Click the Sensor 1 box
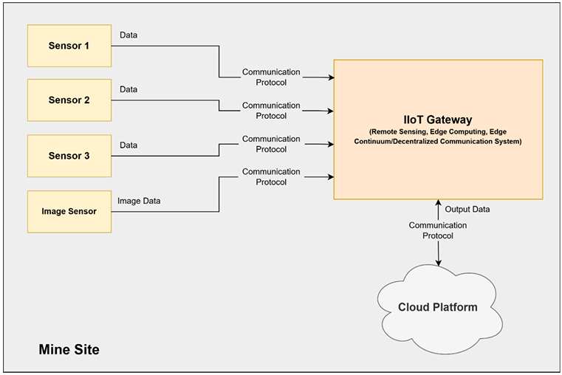(69, 46)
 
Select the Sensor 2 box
(69, 100)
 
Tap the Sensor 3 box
(69, 156)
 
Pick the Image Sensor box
(69, 212)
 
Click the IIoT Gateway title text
(438, 119)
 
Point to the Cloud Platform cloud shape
(437, 307)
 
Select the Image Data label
(140, 200)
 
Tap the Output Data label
(467, 210)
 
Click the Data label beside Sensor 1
(128, 35)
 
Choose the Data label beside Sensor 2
(128, 89)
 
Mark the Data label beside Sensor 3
(128, 145)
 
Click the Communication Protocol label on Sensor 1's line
(271, 77)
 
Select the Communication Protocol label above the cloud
(438, 230)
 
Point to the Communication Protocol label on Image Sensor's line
(271, 176)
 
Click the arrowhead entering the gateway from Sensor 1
(329, 77)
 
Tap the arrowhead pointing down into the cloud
(439, 262)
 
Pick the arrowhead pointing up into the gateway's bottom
(438, 203)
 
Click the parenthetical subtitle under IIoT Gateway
(438, 136)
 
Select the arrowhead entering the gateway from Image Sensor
(329, 176)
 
